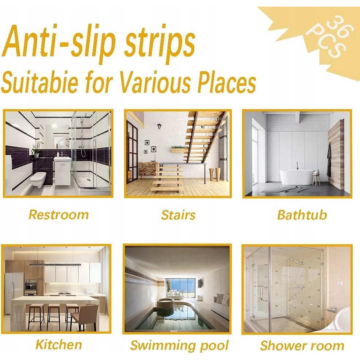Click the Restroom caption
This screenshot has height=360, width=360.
tap(59, 215)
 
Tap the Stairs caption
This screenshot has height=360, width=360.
tap(178, 215)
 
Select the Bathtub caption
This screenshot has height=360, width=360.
tap(302, 215)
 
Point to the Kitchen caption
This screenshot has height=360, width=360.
tap(59, 345)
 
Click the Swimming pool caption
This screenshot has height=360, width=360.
tap(179, 345)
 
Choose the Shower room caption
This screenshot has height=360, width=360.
tap(302, 345)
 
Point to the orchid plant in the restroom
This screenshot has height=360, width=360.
tap(37, 148)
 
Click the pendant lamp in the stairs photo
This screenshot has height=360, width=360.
tap(159, 126)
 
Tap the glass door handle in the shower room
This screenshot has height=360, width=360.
tap(263, 294)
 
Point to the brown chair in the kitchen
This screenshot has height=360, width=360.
tap(84, 318)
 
